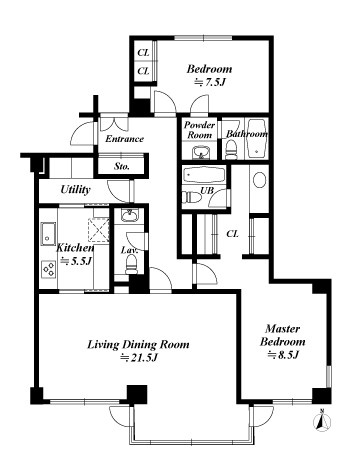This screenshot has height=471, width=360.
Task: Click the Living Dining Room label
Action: pos(138,344)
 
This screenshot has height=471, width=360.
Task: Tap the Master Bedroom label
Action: pos(283,335)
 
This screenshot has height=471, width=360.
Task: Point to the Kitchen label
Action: pos(75,248)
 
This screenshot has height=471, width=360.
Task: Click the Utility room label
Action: pos(75,190)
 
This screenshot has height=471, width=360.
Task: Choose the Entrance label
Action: pos(124,139)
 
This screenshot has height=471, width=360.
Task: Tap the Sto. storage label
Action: pos(122,166)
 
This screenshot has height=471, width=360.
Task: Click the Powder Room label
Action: pos(200,130)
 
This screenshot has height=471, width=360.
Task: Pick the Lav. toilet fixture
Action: pos(131,264)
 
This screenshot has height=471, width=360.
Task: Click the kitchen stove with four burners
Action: pos(49,269)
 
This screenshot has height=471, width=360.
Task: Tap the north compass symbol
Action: pos(322,421)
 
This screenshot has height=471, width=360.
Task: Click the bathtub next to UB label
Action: pos(204,175)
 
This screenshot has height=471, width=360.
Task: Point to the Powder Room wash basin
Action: pos(201,153)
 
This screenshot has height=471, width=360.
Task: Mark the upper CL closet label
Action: pos(143,53)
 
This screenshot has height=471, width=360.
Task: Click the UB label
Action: pos(206,190)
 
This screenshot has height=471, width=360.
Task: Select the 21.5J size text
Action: pos(139,358)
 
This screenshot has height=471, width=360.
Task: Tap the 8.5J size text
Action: pos(283,355)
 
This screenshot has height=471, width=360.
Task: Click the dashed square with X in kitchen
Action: pos(98,229)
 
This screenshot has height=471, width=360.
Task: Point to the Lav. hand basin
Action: pos(129,216)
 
